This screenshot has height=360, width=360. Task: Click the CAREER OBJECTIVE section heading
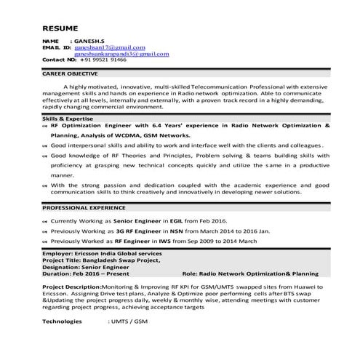tap(73, 74)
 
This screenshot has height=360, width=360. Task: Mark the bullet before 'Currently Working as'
tap(44, 220)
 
